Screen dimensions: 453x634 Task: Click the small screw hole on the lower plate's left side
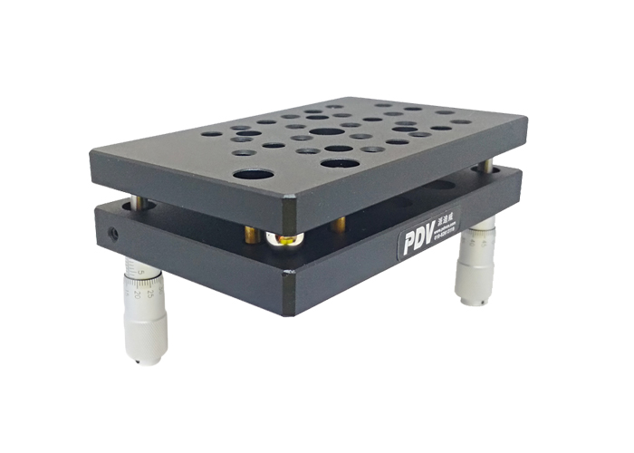(x=113, y=233)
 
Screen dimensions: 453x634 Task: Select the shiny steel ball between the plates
(x=283, y=240)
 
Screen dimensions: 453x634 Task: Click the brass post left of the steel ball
(x=252, y=236)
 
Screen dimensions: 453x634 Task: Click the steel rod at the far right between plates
(x=488, y=167)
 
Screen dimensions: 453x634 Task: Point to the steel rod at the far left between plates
(x=135, y=201)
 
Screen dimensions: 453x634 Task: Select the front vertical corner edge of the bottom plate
(x=288, y=293)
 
